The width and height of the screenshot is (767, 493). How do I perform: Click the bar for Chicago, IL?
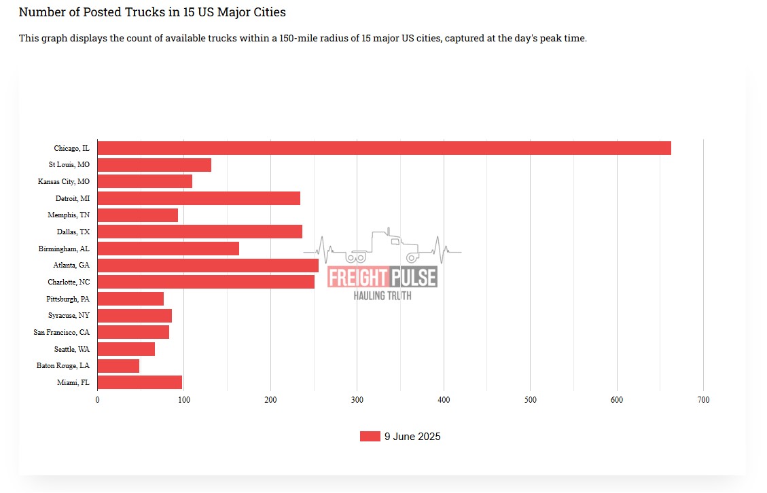click(x=384, y=148)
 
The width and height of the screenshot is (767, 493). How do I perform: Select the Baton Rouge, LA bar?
click(x=118, y=366)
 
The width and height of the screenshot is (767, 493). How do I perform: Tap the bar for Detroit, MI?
click(x=198, y=198)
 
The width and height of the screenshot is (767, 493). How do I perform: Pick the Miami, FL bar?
click(x=139, y=382)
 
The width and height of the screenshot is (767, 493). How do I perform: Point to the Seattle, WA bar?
click(x=126, y=349)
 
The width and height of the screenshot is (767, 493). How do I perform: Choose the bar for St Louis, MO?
click(x=154, y=165)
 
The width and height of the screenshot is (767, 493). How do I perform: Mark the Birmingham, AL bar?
click(x=168, y=249)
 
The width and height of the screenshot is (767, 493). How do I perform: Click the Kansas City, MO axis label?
click(x=63, y=181)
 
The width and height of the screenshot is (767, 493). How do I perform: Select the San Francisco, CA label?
click(x=61, y=332)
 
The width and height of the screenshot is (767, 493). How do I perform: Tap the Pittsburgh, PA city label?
click(x=67, y=299)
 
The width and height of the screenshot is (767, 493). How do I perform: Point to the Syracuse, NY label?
click(x=68, y=315)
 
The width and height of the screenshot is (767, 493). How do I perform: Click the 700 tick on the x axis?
click(x=703, y=400)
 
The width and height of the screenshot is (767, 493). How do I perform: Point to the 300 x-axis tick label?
click(x=357, y=400)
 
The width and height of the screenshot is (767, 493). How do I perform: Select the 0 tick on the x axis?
click(x=97, y=400)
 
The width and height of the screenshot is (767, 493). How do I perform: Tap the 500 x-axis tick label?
click(x=530, y=400)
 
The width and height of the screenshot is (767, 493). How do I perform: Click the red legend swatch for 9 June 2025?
click(x=370, y=437)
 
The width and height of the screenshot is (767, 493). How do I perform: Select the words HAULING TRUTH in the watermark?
click(x=382, y=295)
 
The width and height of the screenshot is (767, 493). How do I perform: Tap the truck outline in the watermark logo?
click(x=384, y=246)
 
